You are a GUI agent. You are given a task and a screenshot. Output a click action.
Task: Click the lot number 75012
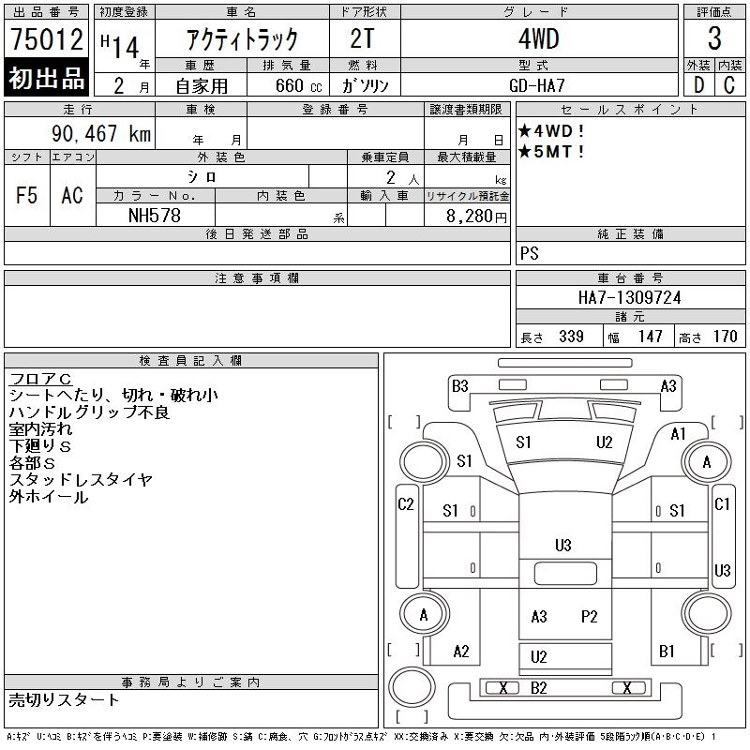point(47,40)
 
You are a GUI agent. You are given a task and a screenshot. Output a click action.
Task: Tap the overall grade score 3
point(714,39)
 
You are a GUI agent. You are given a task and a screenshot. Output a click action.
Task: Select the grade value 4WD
point(538,39)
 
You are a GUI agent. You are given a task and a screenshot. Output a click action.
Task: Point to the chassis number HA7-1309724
point(629,297)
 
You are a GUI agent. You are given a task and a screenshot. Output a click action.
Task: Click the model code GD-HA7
point(538,84)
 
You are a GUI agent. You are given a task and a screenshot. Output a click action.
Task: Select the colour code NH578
point(154,215)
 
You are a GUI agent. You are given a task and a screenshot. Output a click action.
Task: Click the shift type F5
point(27,195)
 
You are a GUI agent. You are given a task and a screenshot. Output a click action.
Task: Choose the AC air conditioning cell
point(72,195)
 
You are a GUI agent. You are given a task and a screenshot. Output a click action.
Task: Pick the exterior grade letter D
point(698,84)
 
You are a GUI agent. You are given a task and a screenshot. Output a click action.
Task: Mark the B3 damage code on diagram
point(459,385)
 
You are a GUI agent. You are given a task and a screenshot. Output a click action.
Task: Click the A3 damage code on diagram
point(668,385)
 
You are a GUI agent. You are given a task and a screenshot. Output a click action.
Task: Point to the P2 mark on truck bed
point(589,616)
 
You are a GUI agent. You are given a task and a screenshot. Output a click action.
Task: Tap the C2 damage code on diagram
point(406,504)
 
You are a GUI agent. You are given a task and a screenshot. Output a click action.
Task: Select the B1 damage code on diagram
point(667,651)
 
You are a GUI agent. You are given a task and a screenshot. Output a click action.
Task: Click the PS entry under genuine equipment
point(530,254)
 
